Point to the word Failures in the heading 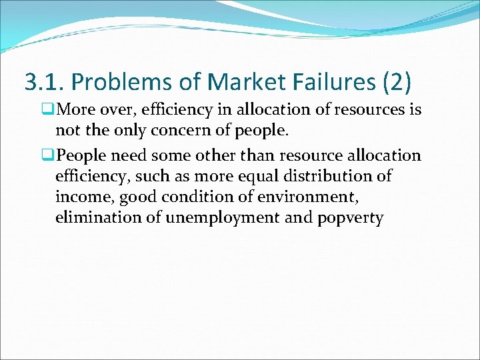coord(326,82)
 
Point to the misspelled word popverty coord(350,218)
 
